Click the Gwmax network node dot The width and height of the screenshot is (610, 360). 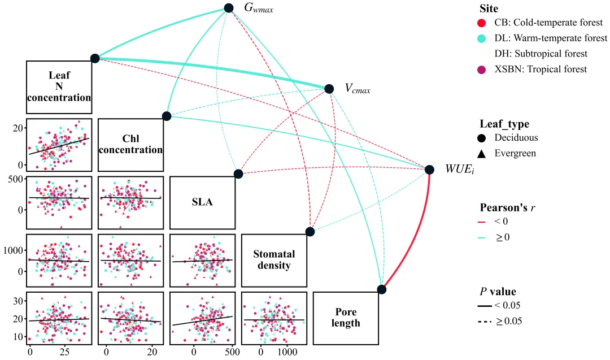[229, 8]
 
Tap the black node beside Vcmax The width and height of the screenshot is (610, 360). [329, 89]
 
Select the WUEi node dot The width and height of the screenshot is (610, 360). [429, 170]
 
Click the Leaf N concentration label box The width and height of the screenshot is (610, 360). [59, 87]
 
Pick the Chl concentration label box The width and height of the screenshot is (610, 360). [130, 145]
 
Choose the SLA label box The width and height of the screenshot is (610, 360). [202, 202]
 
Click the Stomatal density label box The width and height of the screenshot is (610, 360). [274, 261]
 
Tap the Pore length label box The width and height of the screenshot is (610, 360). [346, 318]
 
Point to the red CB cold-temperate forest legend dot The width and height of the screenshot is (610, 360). [482, 23]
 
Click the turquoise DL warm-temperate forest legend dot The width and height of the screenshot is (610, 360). [482, 38]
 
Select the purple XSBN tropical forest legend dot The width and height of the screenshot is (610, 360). [482, 70]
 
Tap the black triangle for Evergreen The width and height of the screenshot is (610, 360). [482, 153]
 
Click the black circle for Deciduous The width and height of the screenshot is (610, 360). [482, 138]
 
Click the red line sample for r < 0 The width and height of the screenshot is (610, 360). [482, 222]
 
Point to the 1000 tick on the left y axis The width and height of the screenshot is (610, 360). [13, 250]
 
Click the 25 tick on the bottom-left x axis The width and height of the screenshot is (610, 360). [64, 352]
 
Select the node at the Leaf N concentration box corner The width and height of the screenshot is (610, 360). [95, 58]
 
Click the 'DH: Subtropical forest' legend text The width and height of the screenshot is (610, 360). [541, 54]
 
